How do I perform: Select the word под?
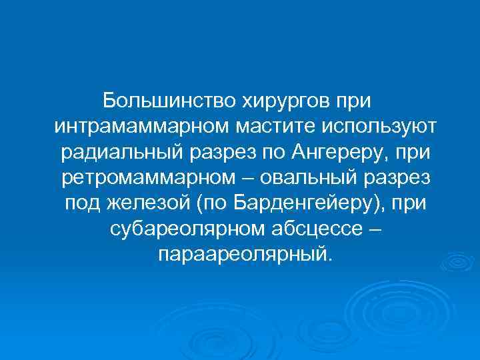pos(83,203)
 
